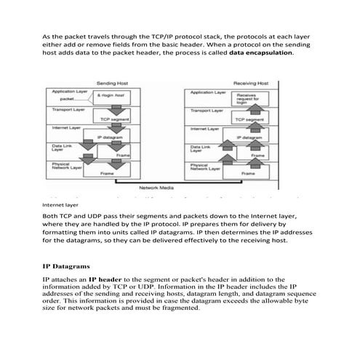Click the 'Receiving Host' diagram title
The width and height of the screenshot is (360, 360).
pyautogui.click(x=251, y=84)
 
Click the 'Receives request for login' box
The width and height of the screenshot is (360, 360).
pyautogui.click(x=247, y=99)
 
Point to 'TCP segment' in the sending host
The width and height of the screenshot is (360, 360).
pyautogui.click(x=114, y=119)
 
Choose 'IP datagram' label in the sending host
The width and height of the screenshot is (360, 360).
pyautogui.click(x=111, y=137)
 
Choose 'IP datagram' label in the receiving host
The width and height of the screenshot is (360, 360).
pyautogui.click(x=249, y=137)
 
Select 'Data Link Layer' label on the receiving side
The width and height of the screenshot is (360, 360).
pyautogui.click(x=202, y=149)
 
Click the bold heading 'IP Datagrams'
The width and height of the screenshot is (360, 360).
pyautogui.click(x=66, y=265)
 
